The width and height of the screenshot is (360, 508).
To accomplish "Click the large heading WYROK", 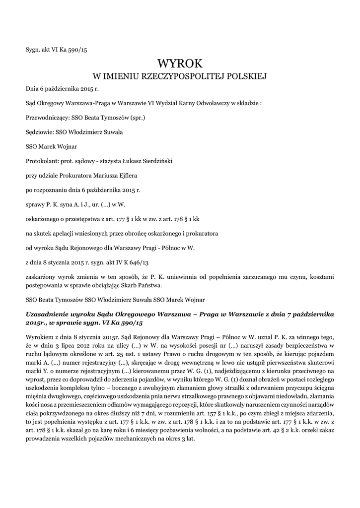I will click(180, 63).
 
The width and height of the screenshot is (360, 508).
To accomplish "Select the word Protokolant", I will click(42, 161).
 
